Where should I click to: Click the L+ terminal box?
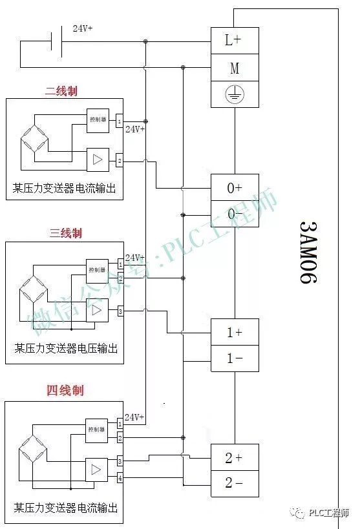(x=235, y=40)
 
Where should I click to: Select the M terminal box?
(x=235, y=67)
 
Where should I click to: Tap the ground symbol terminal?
(x=235, y=94)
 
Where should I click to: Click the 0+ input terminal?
(x=235, y=188)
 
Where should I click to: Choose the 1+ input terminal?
(x=235, y=333)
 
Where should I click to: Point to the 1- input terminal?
(x=235, y=358)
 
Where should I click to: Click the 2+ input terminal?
(x=235, y=458)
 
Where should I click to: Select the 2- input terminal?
(x=235, y=483)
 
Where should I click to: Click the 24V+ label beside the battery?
(x=82, y=29)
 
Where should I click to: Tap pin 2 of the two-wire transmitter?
(x=120, y=160)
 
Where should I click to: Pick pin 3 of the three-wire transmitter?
(x=120, y=313)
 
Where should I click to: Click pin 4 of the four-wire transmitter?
(x=120, y=479)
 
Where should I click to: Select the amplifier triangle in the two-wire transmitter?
(x=97, y=159)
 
